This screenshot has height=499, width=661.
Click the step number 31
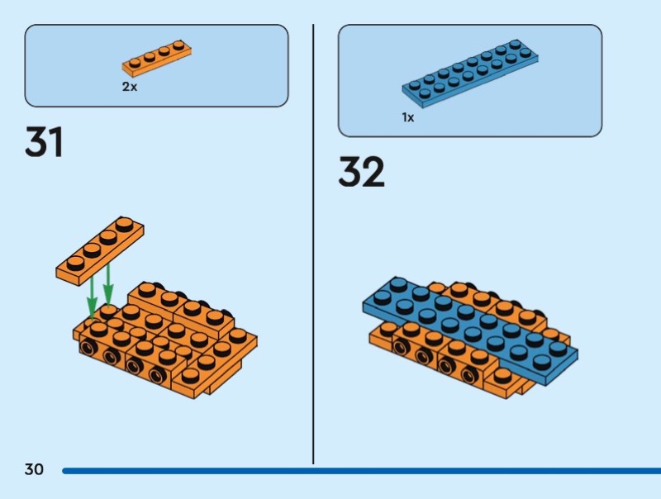coord(45,142)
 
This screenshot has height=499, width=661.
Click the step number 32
coord(361,173)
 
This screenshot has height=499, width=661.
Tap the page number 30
coord(34,470)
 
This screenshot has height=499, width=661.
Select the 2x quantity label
coord(130,86)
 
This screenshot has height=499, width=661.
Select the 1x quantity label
coord(408,117)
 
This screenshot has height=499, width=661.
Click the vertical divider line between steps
coord(313,248)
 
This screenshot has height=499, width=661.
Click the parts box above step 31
coord(156,65)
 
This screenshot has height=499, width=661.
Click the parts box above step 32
coord(469,80)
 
